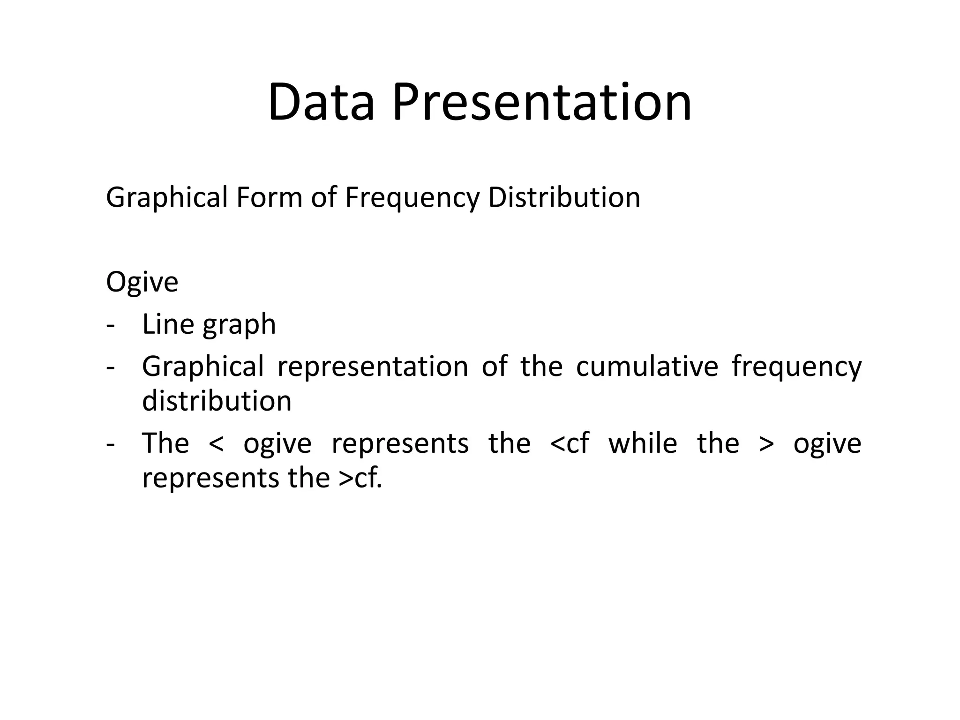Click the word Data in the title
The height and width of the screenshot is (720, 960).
point(321,102)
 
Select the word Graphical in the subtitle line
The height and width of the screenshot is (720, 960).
point(167,197)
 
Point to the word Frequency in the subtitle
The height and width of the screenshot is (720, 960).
point(412,197)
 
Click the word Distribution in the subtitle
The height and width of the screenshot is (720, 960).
point(564,197)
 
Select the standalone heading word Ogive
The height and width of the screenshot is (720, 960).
point(142,282)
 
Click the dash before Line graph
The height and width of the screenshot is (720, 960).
point(111,325)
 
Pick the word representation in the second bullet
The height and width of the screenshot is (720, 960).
point(373,366)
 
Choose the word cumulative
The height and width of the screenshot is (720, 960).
point(647,366)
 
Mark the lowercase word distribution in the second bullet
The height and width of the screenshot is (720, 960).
point(217,401)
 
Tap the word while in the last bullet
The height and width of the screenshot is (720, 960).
point(643,443)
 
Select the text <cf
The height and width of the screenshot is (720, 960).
point(569,443)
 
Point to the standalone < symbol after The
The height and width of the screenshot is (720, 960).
point(216,444)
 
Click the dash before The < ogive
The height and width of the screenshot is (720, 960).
point(111,444)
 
